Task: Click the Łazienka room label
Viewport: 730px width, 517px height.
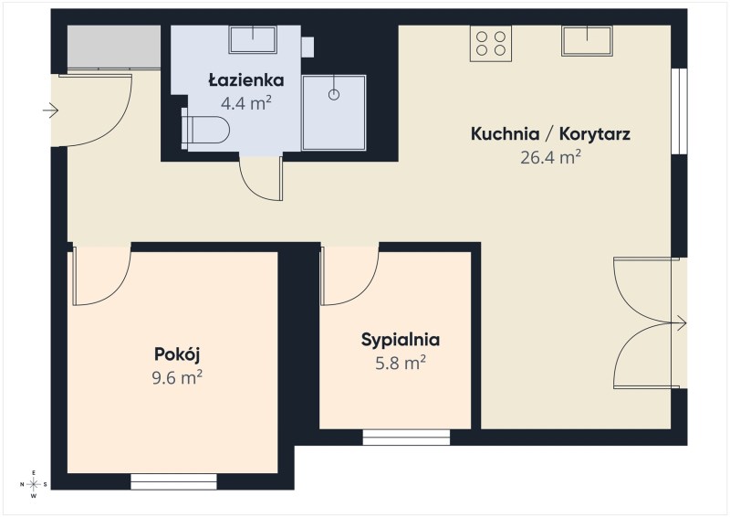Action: pyautogui.click(x=245, y=80)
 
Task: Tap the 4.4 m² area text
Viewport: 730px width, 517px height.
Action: pyautogui.click(x=245, y=102)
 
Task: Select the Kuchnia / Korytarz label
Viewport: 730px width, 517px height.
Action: pyautogui.click(x=550, y=133)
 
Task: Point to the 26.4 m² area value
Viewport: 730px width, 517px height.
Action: pyautogui.click(x=550, y=157)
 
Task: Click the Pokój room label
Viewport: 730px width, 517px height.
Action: pyautogui.click(x=177, y=355)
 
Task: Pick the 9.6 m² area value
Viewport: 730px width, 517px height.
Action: pyautogui.click(x=177, y=377)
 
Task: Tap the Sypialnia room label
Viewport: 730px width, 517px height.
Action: pyautogui.click(x=401, y=340)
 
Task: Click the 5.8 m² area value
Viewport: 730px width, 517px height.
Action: pyautogui.click(x=401, y=363)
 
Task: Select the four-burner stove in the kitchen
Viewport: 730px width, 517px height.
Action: pyautogui.click(x=491, y=43)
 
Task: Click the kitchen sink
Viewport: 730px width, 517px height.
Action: pyautogui.click(x=587, y=40)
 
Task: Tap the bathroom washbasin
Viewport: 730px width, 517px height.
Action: pyautogui.click(x=253, y=39)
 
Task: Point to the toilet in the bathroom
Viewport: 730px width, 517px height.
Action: pyautogui.click(x=205, y=129)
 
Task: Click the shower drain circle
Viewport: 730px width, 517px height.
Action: pyautogui.click(x=334, y=94)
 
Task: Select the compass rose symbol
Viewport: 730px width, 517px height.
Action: pyautogui.click(x=34, y=484)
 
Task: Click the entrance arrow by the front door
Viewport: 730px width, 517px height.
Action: pyautogui.click(x=50, y=111)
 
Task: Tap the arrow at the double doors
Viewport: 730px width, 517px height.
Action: pyautogui.click(x=678, y=322)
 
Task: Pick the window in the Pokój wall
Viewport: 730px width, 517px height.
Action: pyautogui.click(x=173, y=481)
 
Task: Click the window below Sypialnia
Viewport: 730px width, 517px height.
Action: pyautogui.click(x=406, y=438)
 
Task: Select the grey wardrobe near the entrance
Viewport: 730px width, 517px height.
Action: pyautogui.click(x=114, y=47)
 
